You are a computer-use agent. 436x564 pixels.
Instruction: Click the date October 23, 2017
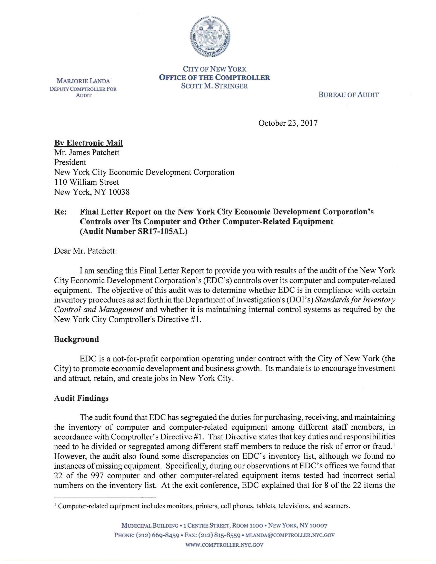tap(288, 123)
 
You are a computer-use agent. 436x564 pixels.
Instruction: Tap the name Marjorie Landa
tap(83, 81)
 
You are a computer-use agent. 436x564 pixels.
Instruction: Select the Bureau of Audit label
tap(349, 95)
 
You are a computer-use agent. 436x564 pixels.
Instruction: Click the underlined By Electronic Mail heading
tap(88, 143)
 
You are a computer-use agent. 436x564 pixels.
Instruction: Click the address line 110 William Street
tap(86, 182)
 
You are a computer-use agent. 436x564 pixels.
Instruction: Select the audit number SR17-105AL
tap(162, 231)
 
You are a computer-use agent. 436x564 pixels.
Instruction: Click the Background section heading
tap(76, 339)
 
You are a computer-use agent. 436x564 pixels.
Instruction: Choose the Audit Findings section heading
tap(81, 398)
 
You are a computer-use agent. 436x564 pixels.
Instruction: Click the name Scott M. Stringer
tap(214, 86)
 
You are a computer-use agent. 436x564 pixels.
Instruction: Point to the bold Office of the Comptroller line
tap(214, 77)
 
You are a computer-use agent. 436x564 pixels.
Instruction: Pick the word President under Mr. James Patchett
tap(70, 163)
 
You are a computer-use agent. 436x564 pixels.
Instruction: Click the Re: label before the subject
tap(60, 212)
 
